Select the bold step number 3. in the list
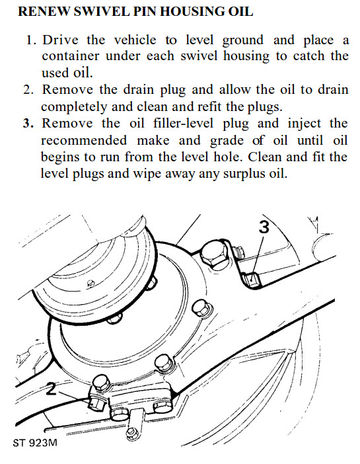click(x=28, y=123)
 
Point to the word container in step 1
click(x=71, y=56)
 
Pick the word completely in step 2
click(x=74, y=107)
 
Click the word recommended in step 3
click(x=84, y=140)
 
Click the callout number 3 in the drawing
click(x=264, y=227)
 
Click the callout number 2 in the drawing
click(x=51, y=389)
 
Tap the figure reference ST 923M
click(x=35, y=443)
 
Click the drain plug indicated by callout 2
click(x=96, y=404)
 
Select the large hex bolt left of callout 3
click(x=215, y=253)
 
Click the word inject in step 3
click(x=304, y=124)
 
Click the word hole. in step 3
click(x=227, y=157)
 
